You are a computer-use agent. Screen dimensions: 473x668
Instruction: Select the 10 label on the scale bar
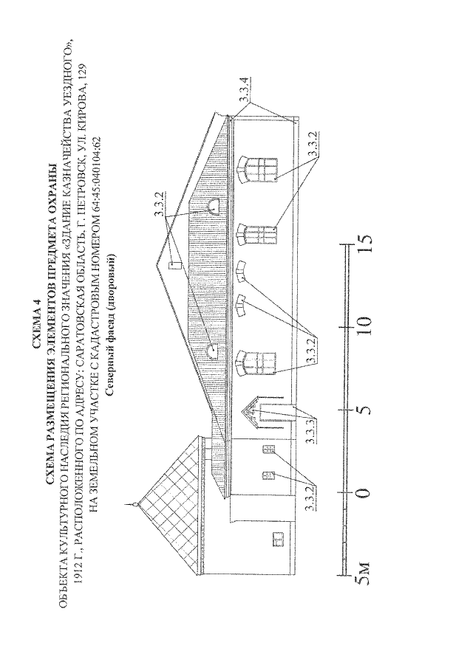(x=364, y=327)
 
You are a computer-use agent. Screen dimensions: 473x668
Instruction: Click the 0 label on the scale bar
(x=364, y=493)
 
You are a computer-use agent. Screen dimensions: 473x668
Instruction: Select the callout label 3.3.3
(x=310, y=432)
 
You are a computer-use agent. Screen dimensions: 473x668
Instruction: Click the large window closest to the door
(x=256, y=363)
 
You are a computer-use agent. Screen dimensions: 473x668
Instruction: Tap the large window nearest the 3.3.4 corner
(x=258, y=170)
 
